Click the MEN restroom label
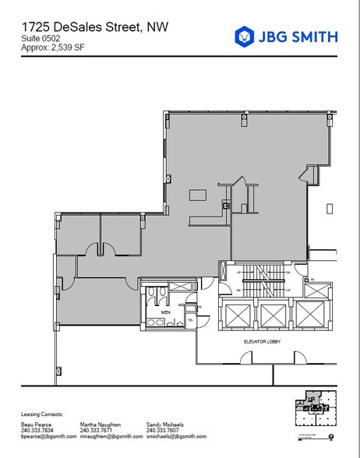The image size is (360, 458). click(x=165, y=312)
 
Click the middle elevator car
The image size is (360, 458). click(x=273, y=316)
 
